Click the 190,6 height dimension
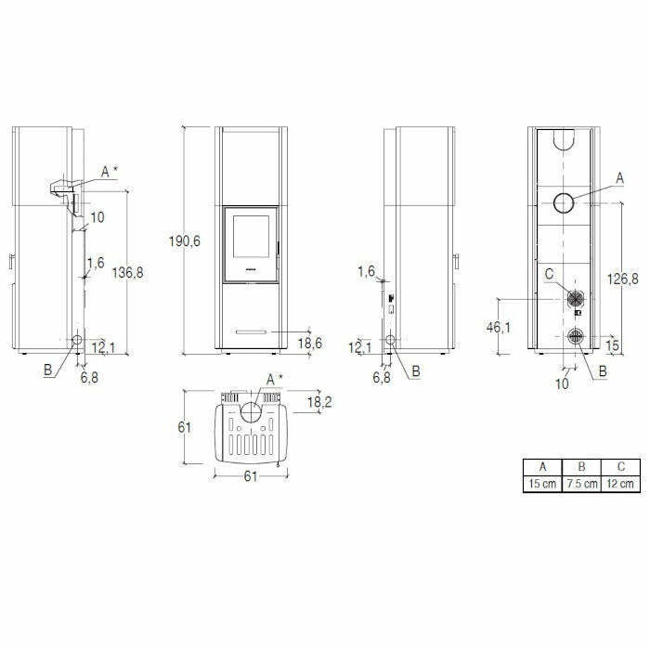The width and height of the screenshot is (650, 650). coord(185,240)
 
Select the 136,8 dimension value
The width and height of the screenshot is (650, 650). coord(128,273)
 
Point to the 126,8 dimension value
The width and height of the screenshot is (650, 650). coord(623,279)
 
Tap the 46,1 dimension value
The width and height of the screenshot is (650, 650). coord(499,328)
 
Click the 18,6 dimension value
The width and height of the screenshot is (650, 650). coord(309,344)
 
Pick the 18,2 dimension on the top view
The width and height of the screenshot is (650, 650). coord(319,402)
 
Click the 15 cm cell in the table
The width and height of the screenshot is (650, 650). coord(542,484)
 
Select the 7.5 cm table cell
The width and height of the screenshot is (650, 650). coord(581,484)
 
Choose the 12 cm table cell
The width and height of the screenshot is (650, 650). coord(620,484)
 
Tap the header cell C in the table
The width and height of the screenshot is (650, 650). coord(620,467)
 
